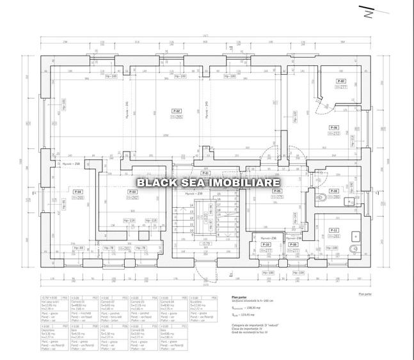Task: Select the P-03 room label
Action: pyautogui.click(x=132, y=191)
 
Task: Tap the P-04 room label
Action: pyautogui.click(x=78, y=191)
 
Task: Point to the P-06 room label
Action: pyautogui.click(x=335, y=128)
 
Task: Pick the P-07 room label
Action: pyautogui.click(x=342, y=82)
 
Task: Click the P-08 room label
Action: pyautogui.click(x=333, y=191)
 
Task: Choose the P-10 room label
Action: pyautogui.click(x=267, y=245)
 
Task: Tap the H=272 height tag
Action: pyautogui.click(x=335, y=134)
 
